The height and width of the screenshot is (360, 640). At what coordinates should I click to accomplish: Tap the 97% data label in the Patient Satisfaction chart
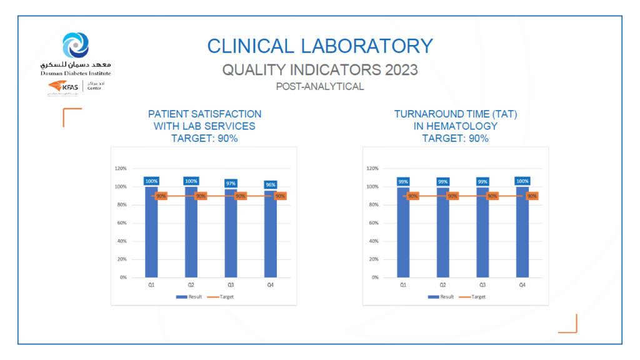tap(231, 183)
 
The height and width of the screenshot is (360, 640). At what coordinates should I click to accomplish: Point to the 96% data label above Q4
tap(270, 184)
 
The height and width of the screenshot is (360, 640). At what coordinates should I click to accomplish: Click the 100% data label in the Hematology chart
tap(522, 181)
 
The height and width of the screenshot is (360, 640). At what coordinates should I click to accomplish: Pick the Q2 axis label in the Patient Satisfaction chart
tap(191, 285)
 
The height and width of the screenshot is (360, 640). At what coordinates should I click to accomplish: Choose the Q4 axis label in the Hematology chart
tap(522, 285)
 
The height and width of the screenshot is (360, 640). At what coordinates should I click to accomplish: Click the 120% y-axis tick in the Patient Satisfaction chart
tap(121, 169)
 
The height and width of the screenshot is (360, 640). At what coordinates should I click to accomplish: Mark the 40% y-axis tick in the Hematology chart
tap(373, 241)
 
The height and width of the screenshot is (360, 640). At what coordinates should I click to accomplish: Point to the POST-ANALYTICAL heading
tap(319, 87)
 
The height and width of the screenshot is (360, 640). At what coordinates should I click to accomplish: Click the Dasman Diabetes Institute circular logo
tap(76, 45)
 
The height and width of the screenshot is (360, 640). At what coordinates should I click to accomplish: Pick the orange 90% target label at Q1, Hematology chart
tap(412, 196)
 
